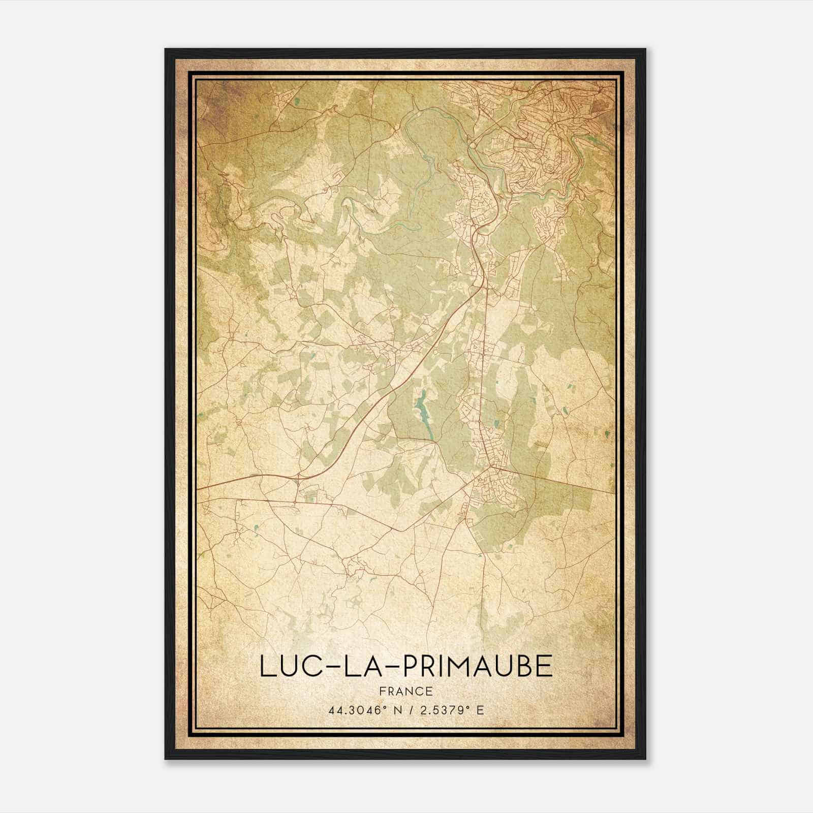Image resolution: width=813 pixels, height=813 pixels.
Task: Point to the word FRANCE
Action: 405,691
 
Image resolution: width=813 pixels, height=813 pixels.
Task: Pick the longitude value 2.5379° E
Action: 451,710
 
